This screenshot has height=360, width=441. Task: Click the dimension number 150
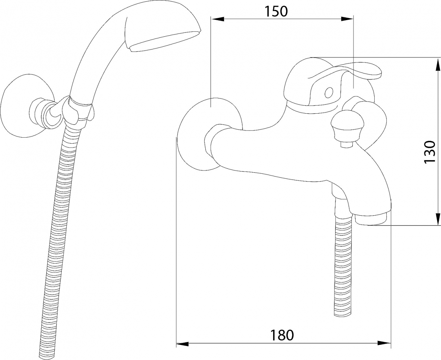pyautogui.click(x=277, y=11)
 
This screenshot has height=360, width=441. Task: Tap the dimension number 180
pyautogui.click(x=282, y=335)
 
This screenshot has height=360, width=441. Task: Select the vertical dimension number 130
pyautogui.click(x=430, y=152)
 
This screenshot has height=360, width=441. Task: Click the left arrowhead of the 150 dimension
pyautogui.click(x=218, y=19)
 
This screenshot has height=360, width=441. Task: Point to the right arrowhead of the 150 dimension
pyautogui.click(x=347, y=19)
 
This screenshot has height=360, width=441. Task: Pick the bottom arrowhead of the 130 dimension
pyautogui.click(x=437, y=219)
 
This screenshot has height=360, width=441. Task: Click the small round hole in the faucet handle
pyautogui.click(x=329, y=92)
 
